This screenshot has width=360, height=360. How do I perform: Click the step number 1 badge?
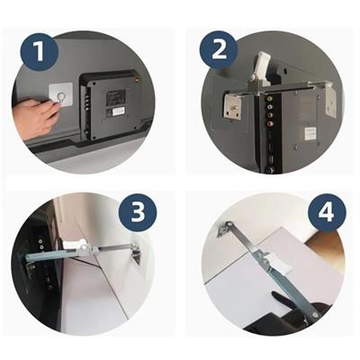pos(39,52)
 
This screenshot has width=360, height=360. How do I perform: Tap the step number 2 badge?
pos(219,49)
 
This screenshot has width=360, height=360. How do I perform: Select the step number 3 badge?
pos(138,212)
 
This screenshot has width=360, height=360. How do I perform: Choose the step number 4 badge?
pos(326,212)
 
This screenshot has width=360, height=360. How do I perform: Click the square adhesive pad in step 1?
pos(61,95)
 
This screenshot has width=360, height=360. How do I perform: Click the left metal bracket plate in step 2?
pos(232,105)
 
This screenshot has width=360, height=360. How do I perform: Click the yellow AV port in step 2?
pos(270,98)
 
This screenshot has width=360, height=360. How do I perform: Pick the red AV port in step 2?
pos(270,122)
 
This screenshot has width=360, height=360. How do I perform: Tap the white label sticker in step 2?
pos(310,134)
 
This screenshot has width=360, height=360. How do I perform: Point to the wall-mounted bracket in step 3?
pos(137,255)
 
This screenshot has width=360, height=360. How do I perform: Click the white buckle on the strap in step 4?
pos(276,263)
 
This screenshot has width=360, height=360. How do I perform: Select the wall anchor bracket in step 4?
pos(223,229)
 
